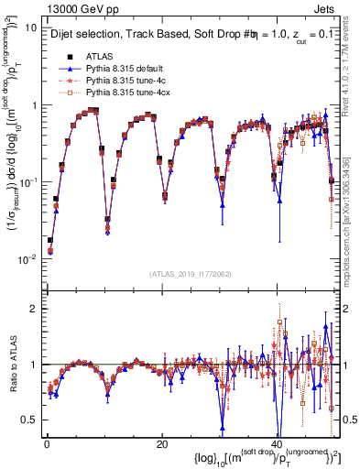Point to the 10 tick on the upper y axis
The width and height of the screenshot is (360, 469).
30,27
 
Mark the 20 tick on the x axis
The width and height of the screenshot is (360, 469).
161,443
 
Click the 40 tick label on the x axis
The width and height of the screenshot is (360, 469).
277,443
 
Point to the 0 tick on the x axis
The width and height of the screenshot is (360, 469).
46,443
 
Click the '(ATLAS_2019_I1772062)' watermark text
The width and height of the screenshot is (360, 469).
190,273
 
